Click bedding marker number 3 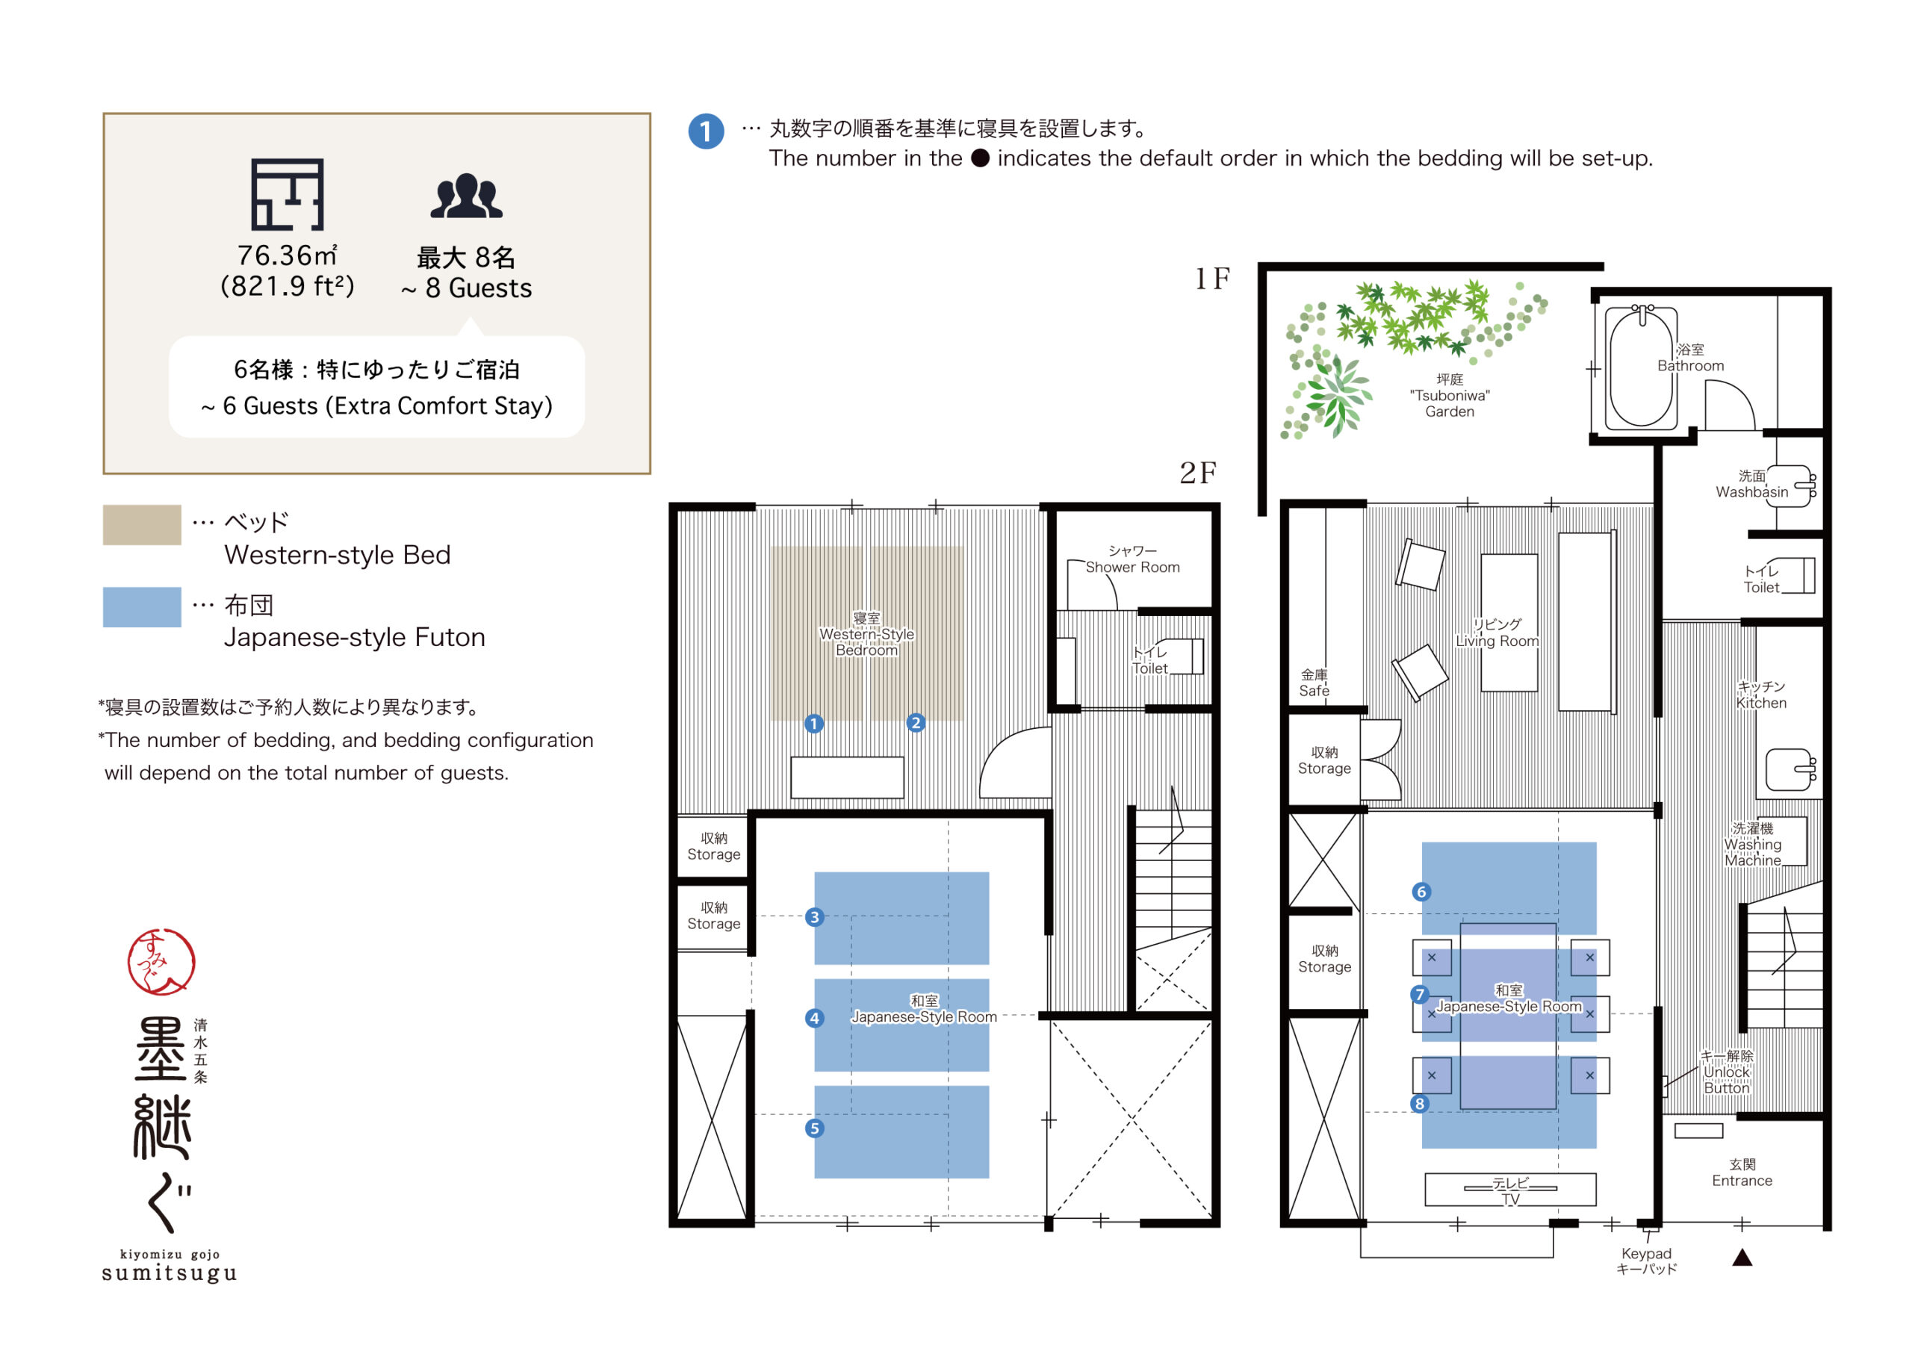[x=814, y=917]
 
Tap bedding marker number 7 [x=1420, y=995]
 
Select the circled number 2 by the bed [x=915, y=723]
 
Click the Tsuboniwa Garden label [x=1449, y=396]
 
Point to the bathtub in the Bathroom [x=1641, y=367]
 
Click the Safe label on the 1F [x=1314, y=683]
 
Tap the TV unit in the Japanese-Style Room [x=1509, y=1190]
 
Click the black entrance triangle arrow [x=1742, y=1258]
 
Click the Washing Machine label [x=1752, y=845]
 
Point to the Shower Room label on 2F [x=1132, y=559]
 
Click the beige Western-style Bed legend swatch [x=142, y=525]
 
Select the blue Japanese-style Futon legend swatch [x=142, y=607]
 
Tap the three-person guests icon [x=466, y=196]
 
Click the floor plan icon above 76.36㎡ [x=288, y=194]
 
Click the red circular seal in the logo [x=161, y=962]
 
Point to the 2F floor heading [x=1197, y=473]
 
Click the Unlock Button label [x=1725, y=1072]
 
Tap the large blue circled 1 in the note [x=705, y=131]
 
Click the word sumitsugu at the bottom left [x=170, y=1273]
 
